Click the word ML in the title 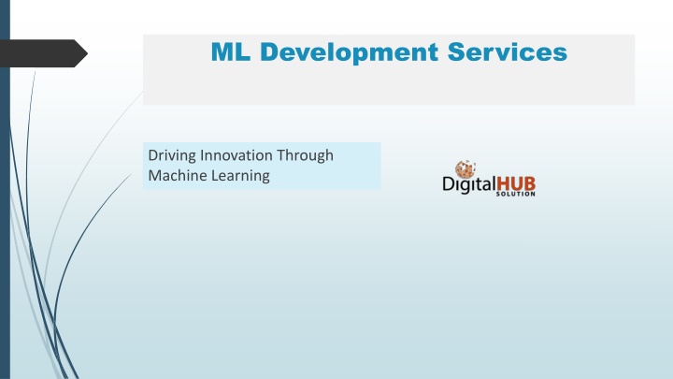coord(231,52)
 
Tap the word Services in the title coord(508,52)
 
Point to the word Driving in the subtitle coord(172,156)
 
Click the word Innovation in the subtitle coord(236,155)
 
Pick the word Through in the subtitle coord(305,156)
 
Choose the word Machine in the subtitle coord(173,175)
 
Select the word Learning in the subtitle coord(236,176)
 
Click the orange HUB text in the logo coord(516,184)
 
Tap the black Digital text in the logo coord(469,184)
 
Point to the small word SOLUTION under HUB coord(515,194)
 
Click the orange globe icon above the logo coord(465,168)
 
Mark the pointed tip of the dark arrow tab coord(88,53)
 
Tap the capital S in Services coord(456,52)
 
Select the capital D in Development coord(270,52)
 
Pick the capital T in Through coord(281,155)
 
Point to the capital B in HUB coord(530,184)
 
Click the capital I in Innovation coord(202,155)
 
